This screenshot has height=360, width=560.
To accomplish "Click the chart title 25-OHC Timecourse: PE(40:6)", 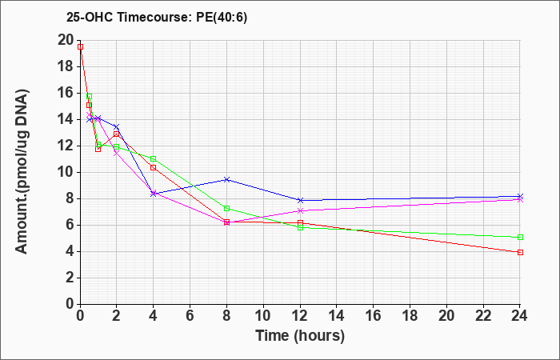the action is point(157,18).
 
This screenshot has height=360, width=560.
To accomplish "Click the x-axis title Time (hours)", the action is point(300,336).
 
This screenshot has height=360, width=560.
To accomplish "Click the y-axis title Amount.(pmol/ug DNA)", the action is point(22,172).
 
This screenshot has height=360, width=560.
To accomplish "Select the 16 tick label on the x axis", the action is point(374,316).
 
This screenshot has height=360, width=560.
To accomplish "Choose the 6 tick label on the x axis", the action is point(190,316).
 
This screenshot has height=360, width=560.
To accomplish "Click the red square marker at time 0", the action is point(80,46).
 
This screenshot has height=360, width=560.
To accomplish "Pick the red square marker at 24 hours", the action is point(520,252).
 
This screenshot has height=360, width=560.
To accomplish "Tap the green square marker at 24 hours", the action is point(520,237).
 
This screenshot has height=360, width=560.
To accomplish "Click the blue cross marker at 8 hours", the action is point(226,179).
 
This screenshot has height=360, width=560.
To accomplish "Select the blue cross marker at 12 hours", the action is point(300,200).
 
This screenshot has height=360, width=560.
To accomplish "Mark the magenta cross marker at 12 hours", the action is point(300,210).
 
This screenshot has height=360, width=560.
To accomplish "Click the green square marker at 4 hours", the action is point(154,158).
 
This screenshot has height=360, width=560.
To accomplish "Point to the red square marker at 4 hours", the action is point(154,167).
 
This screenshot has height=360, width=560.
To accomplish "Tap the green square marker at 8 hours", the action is point(226,208).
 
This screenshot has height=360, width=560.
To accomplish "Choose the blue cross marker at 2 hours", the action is point(117,126).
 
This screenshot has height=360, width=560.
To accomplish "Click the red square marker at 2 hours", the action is point(117,134).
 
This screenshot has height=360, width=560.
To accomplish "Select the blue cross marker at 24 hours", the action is point(520,196).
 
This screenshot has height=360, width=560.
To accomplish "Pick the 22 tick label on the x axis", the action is point(483,316).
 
